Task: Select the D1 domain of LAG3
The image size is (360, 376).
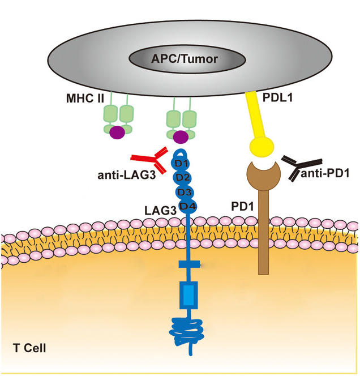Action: tap(180, 164)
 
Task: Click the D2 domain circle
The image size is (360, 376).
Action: tap(182, 177)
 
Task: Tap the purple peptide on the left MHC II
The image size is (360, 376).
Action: tap(117, 132)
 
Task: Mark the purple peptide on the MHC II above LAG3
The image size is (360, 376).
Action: tap(181, 136)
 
